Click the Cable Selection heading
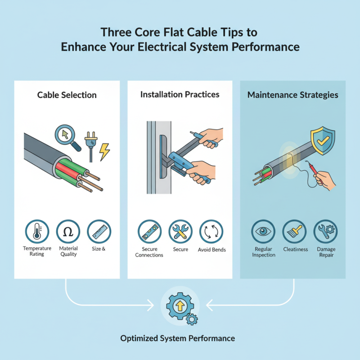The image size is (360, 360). click(x=67, y=95)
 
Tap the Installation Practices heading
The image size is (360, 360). click(x=180, y=94)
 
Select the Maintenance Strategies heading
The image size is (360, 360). click(x=293, y=95)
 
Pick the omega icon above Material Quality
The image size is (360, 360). click(x=68, y=232)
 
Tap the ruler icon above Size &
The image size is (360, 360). click(x=98, y=232)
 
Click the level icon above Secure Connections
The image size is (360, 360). click(x=149, y=232)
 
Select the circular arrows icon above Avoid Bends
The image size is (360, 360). click(x=211, y=232)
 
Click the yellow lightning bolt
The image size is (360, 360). click(x=104, y=152)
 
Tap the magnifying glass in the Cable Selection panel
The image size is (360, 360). click(x=66, y=135)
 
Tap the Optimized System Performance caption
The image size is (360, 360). click(x=178, y=338)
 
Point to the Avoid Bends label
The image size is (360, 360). click(x=211, y=250)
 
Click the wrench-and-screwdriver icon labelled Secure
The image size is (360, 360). click(x=180, y=232)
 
